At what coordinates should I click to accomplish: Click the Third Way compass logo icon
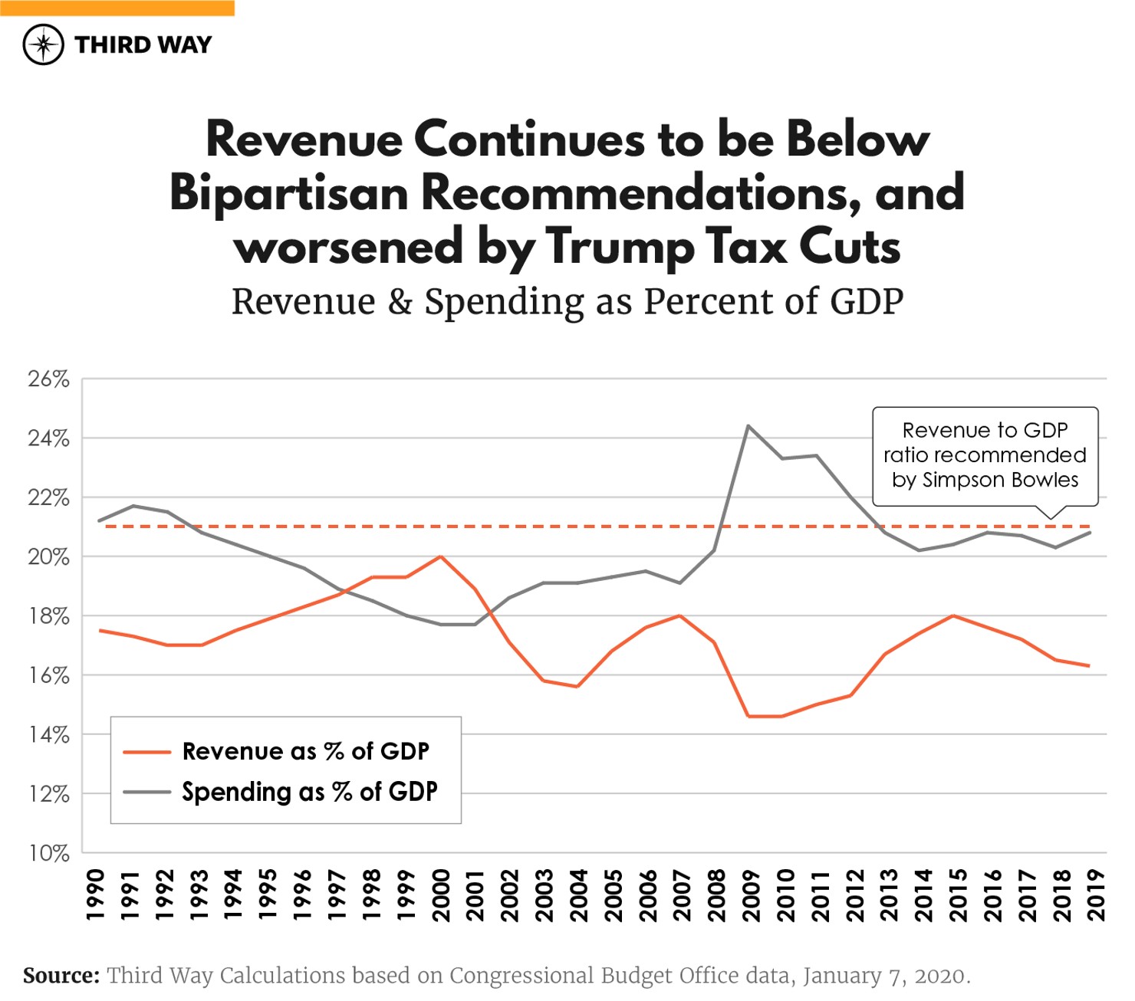tap(43, 44)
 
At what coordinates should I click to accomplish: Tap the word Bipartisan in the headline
tap(289, 192)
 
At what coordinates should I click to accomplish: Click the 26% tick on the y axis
tap(48, 379)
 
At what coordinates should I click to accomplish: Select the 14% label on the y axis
tap(48, 735)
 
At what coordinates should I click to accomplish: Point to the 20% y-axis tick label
tap(48, 557)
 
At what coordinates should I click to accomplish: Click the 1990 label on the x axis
tap(95, 895)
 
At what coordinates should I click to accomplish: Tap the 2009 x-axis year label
tap(750, 895)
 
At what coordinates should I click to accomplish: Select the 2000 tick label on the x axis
tap(440, 895)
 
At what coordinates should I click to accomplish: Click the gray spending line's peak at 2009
tap(748, 425)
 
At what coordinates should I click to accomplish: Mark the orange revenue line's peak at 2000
tap(440, 556)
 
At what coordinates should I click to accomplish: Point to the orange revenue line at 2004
tap(577, 687)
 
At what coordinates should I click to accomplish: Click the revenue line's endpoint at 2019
tap(1089, 665)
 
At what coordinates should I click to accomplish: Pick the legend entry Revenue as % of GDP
tap(305, 752)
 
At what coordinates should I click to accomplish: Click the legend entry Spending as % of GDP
tap(309, 792)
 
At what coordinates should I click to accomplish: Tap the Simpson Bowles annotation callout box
tap(985, 456)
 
